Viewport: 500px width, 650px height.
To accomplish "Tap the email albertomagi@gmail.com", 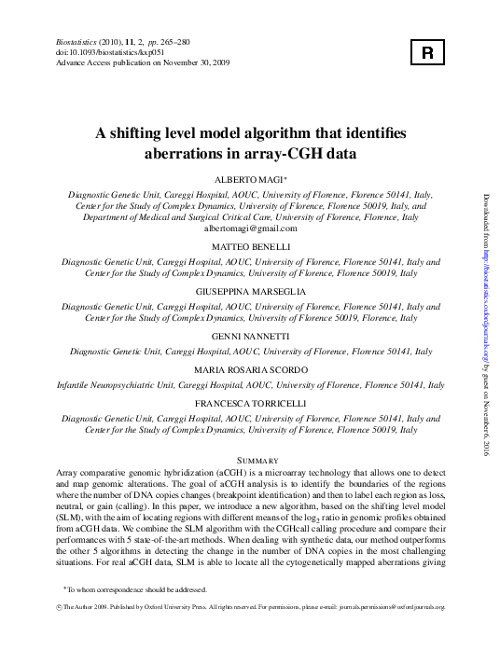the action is (250, 228).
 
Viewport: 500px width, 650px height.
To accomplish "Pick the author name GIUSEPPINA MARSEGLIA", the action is (250, 293).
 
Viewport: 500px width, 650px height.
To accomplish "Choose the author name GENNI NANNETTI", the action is (250, 338).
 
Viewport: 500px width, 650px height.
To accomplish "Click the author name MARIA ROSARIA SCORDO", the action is (250, 370).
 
